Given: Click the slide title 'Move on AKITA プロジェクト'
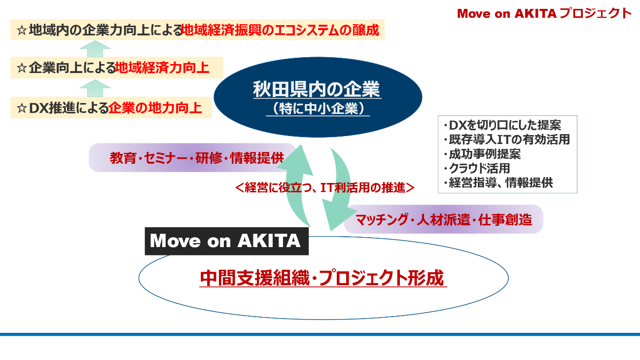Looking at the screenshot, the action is tap(544, 13).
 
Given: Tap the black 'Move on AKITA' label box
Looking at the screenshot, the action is tap(227, 241).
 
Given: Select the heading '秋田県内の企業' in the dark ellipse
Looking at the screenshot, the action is tap(317, 89).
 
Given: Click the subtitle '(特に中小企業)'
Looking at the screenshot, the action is tap(318, 108).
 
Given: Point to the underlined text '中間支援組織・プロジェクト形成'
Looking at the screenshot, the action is tap(322, 278).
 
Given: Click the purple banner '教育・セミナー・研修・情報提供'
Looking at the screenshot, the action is tap(192, 158).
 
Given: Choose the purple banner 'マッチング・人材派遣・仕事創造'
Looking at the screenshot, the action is tap(443, 219).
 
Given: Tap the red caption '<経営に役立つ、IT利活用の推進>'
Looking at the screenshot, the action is tap(325, 188).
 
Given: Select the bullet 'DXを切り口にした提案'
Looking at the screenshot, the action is tap(502, 125).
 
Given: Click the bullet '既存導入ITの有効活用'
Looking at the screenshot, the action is tap(507, 140).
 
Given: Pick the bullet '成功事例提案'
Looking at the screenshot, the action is tap(482, 154).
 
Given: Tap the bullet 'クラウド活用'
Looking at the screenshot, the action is tap(477, 168).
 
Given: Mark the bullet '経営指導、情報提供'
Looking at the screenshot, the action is tap(498, 182).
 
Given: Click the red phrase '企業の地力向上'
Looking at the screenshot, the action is tap(155, 108).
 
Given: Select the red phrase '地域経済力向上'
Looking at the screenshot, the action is tap(162, 68).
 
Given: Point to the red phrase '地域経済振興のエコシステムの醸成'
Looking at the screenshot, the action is tap(280, 30).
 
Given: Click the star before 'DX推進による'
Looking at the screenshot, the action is tap(22, 108).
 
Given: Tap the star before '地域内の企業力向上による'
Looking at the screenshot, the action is tap(22, 30).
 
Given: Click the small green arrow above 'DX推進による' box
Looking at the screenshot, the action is tap(95, 88).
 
